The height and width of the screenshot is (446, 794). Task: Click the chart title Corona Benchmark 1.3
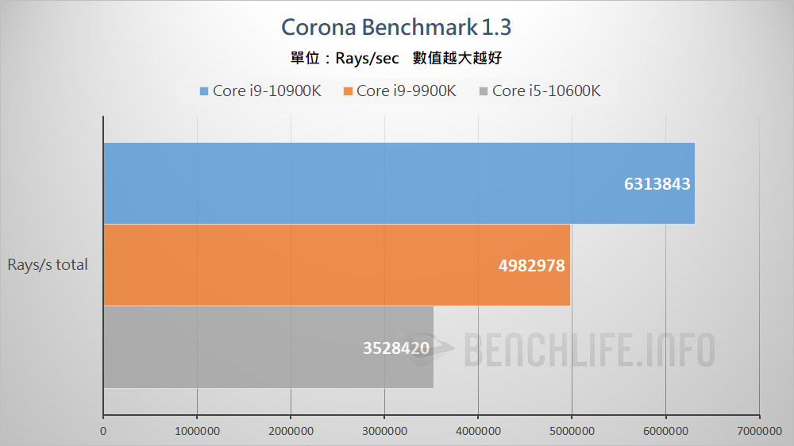[396, 27]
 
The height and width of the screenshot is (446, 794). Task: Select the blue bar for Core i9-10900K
[397, 183]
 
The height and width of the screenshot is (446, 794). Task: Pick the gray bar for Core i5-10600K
[268, 347]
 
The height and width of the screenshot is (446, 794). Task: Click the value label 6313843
[657, 184]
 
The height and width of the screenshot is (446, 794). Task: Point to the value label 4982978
[532, 266]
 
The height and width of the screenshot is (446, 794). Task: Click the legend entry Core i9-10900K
[266, 90]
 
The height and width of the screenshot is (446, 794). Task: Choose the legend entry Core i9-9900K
[406, 90]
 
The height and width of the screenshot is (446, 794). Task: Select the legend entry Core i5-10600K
[545, 90]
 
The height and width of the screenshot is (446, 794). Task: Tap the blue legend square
[204, 90]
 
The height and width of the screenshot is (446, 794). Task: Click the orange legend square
[348, 90]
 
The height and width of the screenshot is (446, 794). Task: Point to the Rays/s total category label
[48, 265]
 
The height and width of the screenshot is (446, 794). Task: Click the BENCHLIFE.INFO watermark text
[589, 350]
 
